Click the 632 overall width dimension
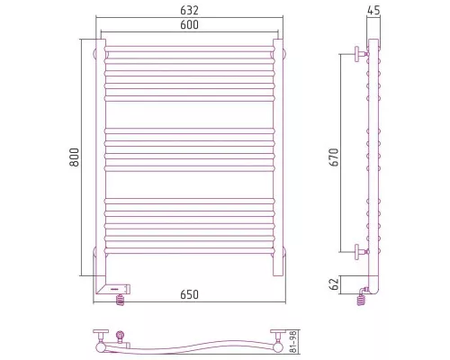pyautogui.click(x=189, y=10)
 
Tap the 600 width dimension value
pyautogui.click(x=189, y=24)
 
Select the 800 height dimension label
pyautogui.click(x=74, y=157)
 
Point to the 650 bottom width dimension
pyautogui.click(x=189, y=294)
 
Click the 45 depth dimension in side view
pyautogui.click(x=373, y=10)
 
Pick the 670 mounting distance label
pyautogui.click(x=334, y=157)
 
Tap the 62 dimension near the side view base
pyautogui.click(x=334, y=283)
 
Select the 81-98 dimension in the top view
pyautogui.click(x=293, y=342)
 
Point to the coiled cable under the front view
pyautogui.click(x=120, y=300)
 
